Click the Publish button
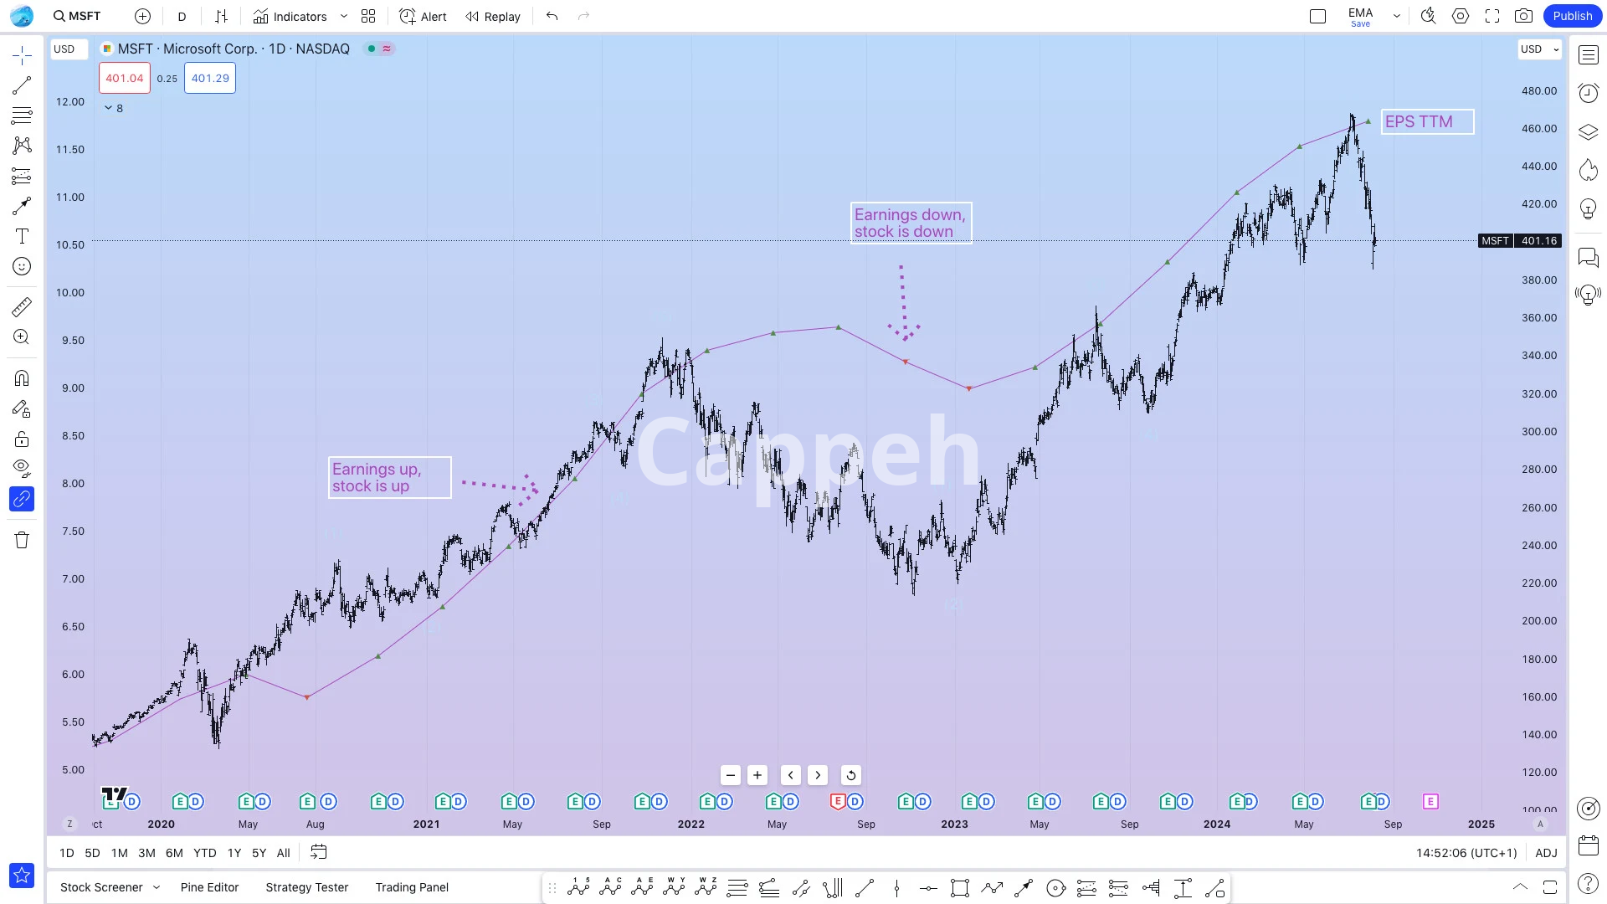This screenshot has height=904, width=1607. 1572,16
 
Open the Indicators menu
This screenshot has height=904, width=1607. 290,16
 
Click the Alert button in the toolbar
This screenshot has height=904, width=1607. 423,16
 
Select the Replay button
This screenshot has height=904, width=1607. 493,16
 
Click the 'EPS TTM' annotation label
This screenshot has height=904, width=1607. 1426,121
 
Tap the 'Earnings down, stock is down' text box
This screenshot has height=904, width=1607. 911,223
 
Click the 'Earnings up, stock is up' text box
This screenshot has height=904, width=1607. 389,477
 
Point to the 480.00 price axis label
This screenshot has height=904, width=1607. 1538,90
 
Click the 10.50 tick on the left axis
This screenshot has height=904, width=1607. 70,244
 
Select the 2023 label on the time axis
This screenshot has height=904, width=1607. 954,824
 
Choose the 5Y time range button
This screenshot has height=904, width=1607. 259,853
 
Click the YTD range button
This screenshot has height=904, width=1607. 204,853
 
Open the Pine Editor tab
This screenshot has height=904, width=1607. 209,887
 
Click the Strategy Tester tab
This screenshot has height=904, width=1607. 306,887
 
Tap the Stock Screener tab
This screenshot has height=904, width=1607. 101,887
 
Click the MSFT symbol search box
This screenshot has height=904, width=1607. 77,16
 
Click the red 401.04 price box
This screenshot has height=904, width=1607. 125,78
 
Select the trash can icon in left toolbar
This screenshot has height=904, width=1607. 22,540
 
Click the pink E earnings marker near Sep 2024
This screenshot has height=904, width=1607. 1430,801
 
